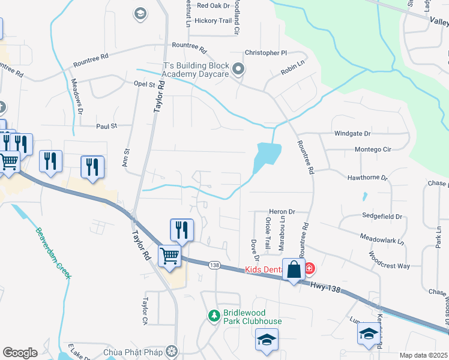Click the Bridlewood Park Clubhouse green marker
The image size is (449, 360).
(x=214, y=315)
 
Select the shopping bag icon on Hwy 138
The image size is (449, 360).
(x=294, y=269)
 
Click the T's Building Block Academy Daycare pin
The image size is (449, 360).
(x=238, y=70)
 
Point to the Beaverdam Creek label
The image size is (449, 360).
(x=53, y=252)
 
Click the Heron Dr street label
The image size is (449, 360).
(x=283, y=212)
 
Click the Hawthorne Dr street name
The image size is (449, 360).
(x=368, y=178)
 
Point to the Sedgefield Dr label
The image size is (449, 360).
(x=381, y=216)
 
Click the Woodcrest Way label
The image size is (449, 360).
(x=390, y=261)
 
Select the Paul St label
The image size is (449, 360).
(x=106, y=126)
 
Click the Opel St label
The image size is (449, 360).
(x=145, y=85)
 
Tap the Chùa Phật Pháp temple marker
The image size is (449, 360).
(x=173, y=351)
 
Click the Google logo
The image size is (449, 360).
(x=20, y=353)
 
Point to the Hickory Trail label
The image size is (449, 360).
(x=212, y=20)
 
